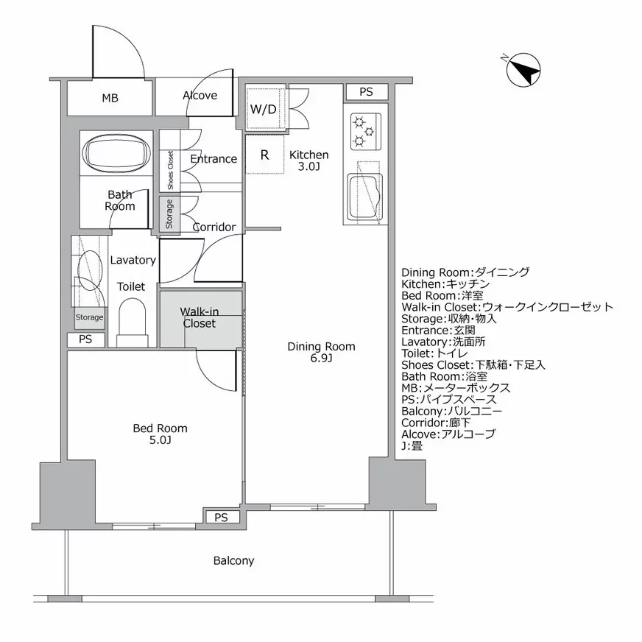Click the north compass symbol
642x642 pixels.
pyautogui.click(x=523, y=70)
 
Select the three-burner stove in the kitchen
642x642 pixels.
pyautogui.click(x=366, y=132)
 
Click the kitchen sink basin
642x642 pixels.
pyautogui.click(x=364, y=196)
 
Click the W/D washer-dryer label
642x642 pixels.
pyautogui.click(x=264, y=109)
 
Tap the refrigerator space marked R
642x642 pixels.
pyautogui.click(x=264, y=155)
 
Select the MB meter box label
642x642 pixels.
pyautogui.click(x=110, y=98)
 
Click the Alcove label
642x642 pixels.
pyautogui.click(x=200, y=96)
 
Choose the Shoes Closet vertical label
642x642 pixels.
pyautogui.click(x=170, y=170)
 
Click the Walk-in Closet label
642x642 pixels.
pyautogui.click(x=200, y=317)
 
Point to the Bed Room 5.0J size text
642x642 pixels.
pyautogui.click(x=160, y=440)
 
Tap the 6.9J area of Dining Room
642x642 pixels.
pyautogui.click(x=321, y=359)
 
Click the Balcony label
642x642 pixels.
pyautogui.click(x=234, y=560)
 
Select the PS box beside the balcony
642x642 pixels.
pyautogui.click(x=221, y=518)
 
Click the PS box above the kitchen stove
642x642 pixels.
pyautogui.click(x=366, y=92)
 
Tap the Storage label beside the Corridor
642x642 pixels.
pyautogui.click(x=169, y=214)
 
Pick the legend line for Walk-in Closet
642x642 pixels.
pyautogui.click(x=507, y=307)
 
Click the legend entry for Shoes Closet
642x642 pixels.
pyautogui.click(x=473, y=365)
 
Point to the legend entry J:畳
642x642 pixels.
pyautogui.click(x=412, y=446)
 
